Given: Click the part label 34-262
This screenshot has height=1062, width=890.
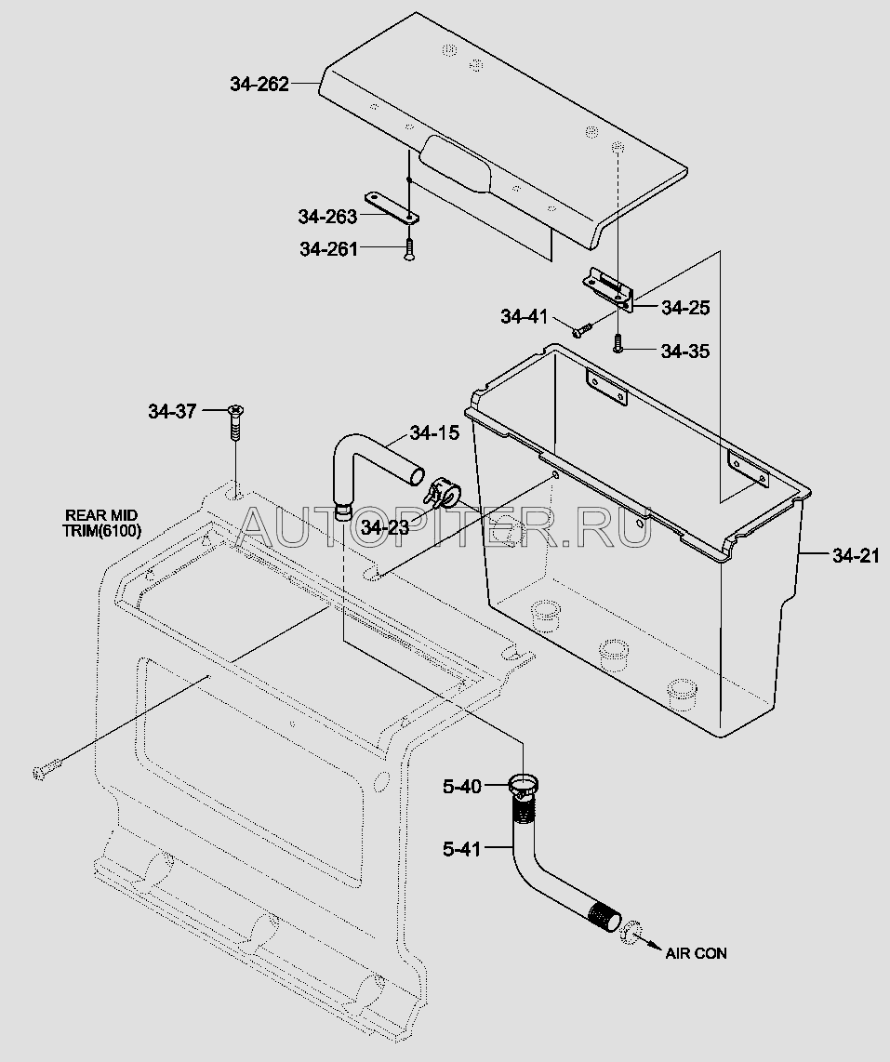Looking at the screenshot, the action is pyautogui.click(x=259, y=84).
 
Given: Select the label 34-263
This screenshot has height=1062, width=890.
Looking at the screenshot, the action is pyautogui.click(x=327, y=217).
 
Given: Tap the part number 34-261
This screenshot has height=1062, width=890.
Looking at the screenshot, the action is pyautogui.click(x=328, y=249).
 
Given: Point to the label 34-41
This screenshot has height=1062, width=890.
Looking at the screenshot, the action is pyautogui.click(x=524, y=316).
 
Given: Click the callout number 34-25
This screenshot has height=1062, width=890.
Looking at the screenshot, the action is pyautogui.click(x=685, y=308).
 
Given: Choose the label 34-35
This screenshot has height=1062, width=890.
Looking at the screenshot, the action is pyautogui.click(x=685, y=351).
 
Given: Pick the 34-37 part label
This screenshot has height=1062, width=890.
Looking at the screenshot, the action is pyautogui.click(x=172, y=411).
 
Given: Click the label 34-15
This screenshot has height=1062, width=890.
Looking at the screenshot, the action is pyautogui.click(x=434, y=432).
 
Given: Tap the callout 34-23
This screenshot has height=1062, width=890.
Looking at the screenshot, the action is pyautogui.click(x=385, y=527).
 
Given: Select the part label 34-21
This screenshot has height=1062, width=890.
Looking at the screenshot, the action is pyautogui.click(x=857, y=556).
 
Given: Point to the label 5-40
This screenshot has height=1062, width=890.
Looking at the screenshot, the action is pyautogui.click(x=462, y=787).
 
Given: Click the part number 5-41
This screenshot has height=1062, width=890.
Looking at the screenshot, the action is pyautogui.click(x=461, y=849).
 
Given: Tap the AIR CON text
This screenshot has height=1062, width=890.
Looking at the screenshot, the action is pyautogui.click(x=696, y=953).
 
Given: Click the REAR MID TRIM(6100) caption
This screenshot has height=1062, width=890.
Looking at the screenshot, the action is pyautogui.click(x=102, y=523).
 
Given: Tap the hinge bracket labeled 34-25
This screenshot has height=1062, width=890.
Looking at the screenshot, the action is pyautogui.click(x=609, y=288).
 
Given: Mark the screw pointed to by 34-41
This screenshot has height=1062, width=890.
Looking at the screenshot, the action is pyautogui.click(x=582, y=330).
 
